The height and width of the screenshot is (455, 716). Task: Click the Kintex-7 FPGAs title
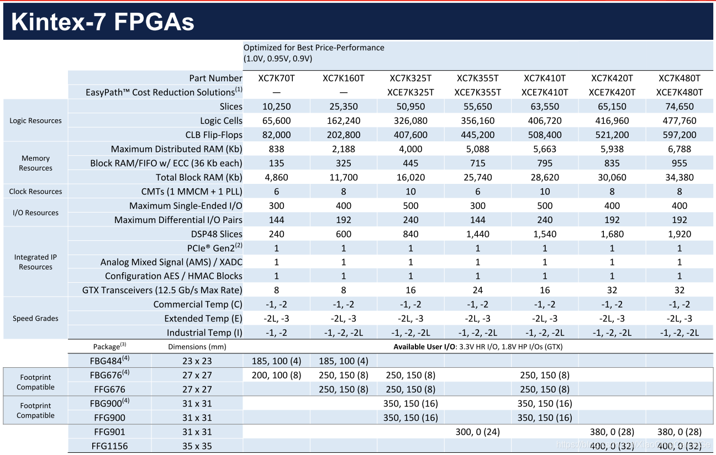[103, 22]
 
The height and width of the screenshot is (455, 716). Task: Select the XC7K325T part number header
[410, 78]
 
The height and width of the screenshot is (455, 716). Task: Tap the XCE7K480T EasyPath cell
[679, 92]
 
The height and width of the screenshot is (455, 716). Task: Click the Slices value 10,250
[277, 107]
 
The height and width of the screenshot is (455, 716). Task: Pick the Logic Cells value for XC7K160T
[344, 120]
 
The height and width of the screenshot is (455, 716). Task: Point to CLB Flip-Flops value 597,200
[679, 135]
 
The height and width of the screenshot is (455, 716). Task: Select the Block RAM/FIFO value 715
[478, 163]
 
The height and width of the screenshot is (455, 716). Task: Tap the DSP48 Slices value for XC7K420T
[612, 234]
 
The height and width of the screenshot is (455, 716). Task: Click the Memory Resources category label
[35, 163]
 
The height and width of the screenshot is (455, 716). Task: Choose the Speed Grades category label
[35, 318]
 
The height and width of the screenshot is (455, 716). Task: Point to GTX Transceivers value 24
[478, 290]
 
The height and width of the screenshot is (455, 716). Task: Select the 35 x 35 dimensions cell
[197, 446]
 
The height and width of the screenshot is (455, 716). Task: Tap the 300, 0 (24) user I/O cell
[478, 432]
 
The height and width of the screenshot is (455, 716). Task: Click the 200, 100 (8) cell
[277, 375]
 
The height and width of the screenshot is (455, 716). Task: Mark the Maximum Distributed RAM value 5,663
[545, 149]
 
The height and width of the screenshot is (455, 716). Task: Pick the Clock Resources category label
[35, 192]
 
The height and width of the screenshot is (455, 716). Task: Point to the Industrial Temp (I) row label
[204, 332]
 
